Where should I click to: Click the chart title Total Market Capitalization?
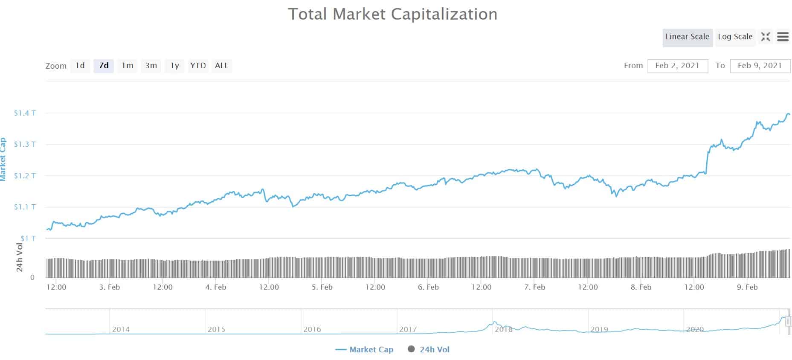pyautogui.click(x=392, y=14)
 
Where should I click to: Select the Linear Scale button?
pyautogui.click(x=687, y=37)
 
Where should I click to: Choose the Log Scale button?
pyautogui.click(x=735, y=37)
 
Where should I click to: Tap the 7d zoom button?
pyautogui.click(x=104, y=66)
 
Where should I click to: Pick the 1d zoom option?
pyautogui.click(x=80, y=66)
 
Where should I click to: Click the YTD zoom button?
pyautogui.click(x=198, y=66)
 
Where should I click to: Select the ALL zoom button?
pyautogui.click(x=222, y=66)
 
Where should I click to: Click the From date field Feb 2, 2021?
pyautogui.click(x=677, y=66)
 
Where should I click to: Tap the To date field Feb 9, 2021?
pyautogui.click(x=760, y=66)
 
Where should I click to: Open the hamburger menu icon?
pyautogui.click(x=783, y=37)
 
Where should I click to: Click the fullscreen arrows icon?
pyautogui.click(x=766, y=37)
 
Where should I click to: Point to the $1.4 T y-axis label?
pyautogui.click(x=25, y=113)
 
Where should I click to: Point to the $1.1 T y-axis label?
pyautogui.click(x=25, y=207)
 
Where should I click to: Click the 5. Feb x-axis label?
pyautogui.click(x=322, y=287)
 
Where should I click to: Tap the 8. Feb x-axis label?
pyautogui.click(x=641, y=287)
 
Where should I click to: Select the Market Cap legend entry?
pyautogui.click(x=371, y=350)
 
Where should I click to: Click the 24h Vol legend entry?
pyautogui.click(x=434, y=350)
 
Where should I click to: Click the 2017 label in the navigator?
pyautogui.click(x=408, y=329)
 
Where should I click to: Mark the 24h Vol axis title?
pyautogui.click(x=20, y=257)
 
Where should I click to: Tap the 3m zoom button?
pyautogui.click(x=151, y=66)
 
